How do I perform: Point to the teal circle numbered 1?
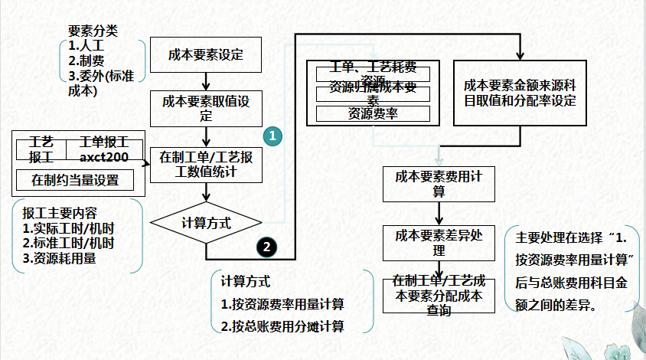click(x=272, y=136)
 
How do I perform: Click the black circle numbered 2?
click(x=266, y=247)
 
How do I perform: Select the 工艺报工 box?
click(x=41, y=149)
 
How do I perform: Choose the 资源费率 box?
click(x=373, y=114)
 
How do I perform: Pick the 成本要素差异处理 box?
click(x=439, y=241)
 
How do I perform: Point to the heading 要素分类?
click(x=93, y=31)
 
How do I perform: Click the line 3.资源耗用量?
click(x=59, y=258)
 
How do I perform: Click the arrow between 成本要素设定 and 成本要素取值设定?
click(x=205, y=80)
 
